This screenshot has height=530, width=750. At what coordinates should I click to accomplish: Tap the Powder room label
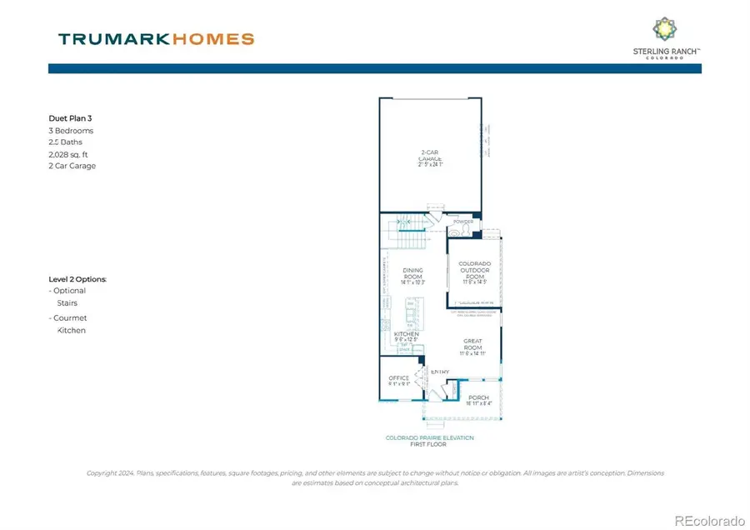click(x=463, y=222)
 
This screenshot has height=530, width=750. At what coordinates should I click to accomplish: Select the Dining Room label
click(x=413, y=276)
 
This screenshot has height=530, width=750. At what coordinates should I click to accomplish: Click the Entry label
click(x=440, y=372)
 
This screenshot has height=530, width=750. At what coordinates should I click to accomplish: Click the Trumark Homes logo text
click(x=156, y=38)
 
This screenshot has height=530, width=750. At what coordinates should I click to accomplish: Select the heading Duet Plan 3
click(x=71, y=118)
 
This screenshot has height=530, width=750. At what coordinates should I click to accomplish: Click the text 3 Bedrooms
click(x=71, y=131)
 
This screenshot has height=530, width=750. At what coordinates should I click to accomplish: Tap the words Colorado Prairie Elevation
click(x=429, y=437)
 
